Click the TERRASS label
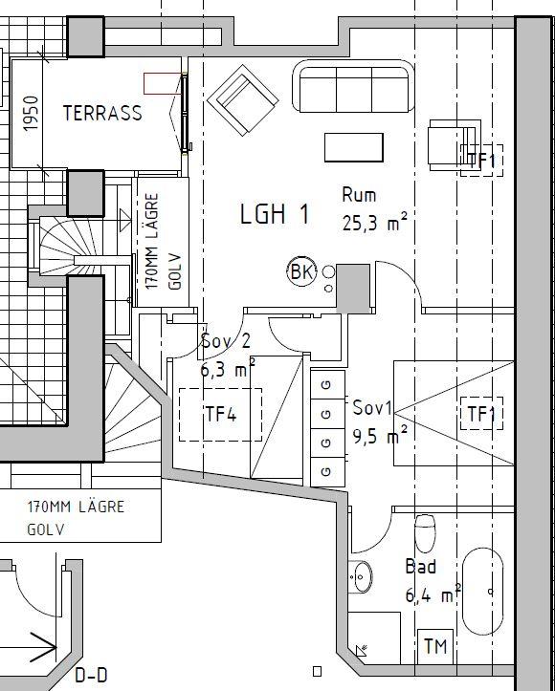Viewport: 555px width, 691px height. (x=102, y=113)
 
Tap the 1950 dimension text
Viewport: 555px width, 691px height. (x=32, y=114)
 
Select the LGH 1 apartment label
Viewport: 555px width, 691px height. (x=275, y=214)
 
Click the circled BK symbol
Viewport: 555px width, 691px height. (x=301, y=271)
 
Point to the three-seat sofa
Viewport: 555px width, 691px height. (x=353, y=86)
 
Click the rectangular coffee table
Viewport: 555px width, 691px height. (x=354, y=147)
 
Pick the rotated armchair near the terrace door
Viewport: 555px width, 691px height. (x=243, y=100)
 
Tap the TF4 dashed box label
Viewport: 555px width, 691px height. (x=221, y=415)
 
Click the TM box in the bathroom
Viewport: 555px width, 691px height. (x=435, y=646)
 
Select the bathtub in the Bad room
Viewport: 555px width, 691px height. (x=482, y=592)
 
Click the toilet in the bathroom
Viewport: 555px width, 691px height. (x=425, y=533)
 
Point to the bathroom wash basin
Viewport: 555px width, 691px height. (x=362, y=576)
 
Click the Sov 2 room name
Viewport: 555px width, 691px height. (x=226, y=340)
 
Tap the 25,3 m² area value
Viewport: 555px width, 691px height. (x=374, y=223)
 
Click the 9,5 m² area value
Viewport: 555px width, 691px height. (x=380, y=436)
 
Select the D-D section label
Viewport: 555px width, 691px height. (x=91, y=676)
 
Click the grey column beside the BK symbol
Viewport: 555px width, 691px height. (x=353, y=289)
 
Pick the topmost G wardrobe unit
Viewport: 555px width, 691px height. (x=328, y=385)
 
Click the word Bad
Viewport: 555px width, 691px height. (x=421, y=567)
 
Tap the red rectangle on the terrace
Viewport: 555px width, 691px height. (x=162, y=84)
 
